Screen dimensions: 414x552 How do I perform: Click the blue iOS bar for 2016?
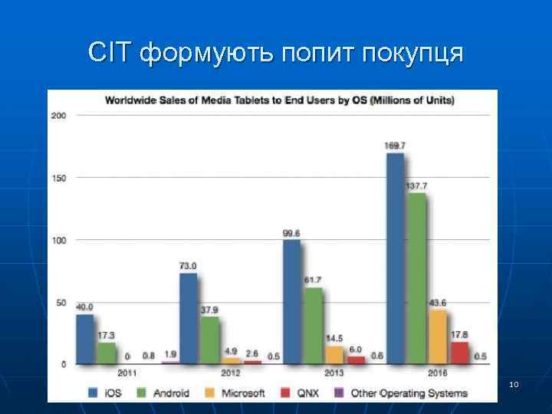coord(395,258)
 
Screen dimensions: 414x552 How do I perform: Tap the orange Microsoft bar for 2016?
coord(437,336)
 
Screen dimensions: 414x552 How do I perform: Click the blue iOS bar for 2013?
coord(291,301)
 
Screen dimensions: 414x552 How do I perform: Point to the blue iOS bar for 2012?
coord(188,317)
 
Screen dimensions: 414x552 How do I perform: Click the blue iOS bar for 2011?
coord(84,338)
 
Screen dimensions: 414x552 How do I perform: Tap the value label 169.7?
coord(396,146)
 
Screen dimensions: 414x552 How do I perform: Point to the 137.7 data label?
coord(416,186)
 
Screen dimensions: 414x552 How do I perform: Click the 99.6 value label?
coord(292,233)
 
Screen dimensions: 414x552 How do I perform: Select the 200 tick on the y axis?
coord(58,116)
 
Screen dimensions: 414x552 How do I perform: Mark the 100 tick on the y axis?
coord(58,240)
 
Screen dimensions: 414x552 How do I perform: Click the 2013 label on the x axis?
coord(334,373)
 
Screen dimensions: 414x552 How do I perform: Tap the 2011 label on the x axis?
coord(127,373)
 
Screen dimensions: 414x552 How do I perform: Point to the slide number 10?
coord(514,383)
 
